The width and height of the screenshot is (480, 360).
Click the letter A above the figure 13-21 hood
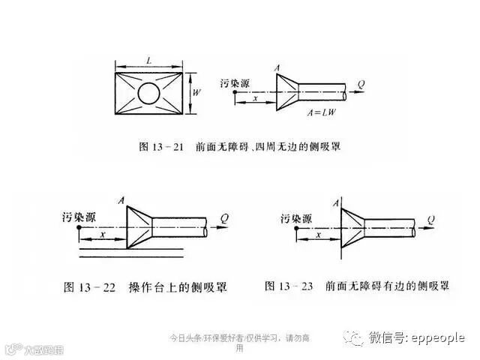278,68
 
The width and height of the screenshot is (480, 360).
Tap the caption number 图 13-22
88,286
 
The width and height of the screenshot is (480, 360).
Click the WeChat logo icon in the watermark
353,338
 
